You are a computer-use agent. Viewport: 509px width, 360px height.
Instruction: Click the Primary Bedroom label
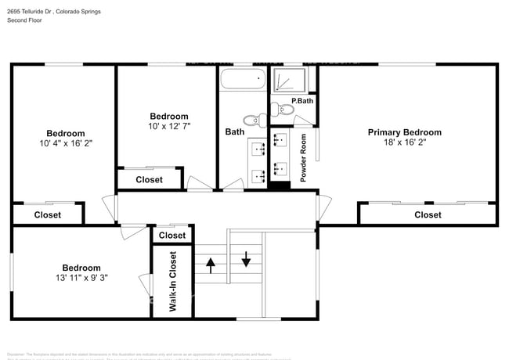pyautogui.click(x=404, y=132)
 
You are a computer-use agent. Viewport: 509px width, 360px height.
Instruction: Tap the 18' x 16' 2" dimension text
pyautogui.click(x=404, y=143)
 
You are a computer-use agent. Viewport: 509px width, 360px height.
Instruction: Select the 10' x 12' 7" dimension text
pyautogui.click(x=169, y=126)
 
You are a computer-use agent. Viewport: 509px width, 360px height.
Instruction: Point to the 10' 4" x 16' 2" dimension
pyautogui.click(x=65, y=144)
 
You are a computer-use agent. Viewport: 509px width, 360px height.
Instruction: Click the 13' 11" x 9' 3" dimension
pyautogui.click(x=81, y=278)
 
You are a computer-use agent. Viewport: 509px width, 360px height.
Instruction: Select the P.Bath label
pyautogui.click(x=302, y=101)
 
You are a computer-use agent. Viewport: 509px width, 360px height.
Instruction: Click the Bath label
pyautogui.click(x=234, y=132)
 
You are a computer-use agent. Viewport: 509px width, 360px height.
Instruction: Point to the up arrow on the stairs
pyautogui.click(x=210, y=265)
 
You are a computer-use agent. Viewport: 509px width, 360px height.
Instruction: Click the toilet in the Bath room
pyautogui.click(x=252, y=120)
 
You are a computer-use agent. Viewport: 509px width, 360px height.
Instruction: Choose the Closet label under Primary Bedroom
pyautogui.click(x=428, y=214)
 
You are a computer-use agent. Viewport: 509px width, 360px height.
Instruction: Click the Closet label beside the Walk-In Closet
pyautogui.click(x=172, y=235)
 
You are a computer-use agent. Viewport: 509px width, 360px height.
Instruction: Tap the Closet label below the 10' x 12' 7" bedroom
pyautogui.click(x=149, y=179)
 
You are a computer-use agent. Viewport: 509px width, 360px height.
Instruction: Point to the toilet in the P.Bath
pyautogui.click(x=283, y=111)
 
